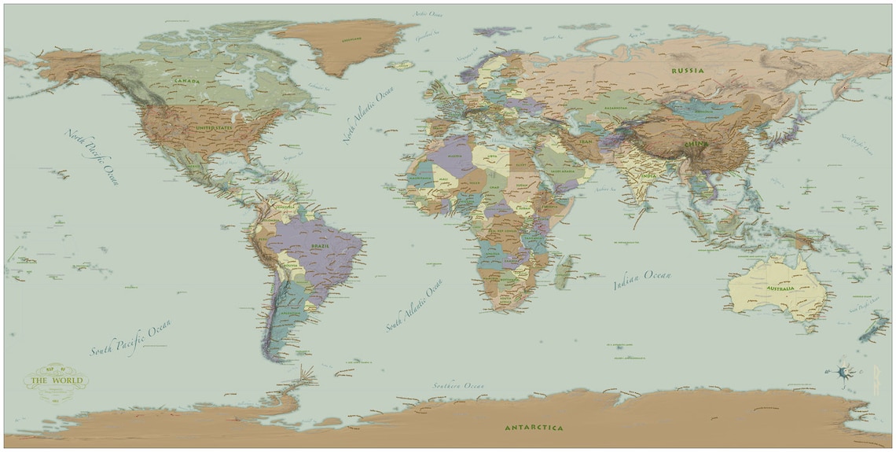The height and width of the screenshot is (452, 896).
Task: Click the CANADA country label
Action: pos(186,81)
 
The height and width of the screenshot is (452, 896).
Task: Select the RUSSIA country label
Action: pos(687,71)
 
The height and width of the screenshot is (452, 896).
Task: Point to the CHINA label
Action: pos(696,145)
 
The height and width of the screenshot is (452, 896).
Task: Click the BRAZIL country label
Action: pos(320,246)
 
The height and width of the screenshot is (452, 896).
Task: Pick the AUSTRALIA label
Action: pos(776,288)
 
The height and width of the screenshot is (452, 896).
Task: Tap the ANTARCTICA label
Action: pos(534,428)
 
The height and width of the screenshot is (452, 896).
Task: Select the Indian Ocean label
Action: pos(642,279)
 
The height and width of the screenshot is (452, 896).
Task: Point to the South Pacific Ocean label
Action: pos(130,338)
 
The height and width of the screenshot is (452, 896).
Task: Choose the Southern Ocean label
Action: pos(458,386)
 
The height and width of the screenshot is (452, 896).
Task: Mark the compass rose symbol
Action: pos(844,373)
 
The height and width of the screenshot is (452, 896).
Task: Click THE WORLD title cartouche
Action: pos(56,382)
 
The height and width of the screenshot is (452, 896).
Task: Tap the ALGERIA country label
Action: pos(454,156)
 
